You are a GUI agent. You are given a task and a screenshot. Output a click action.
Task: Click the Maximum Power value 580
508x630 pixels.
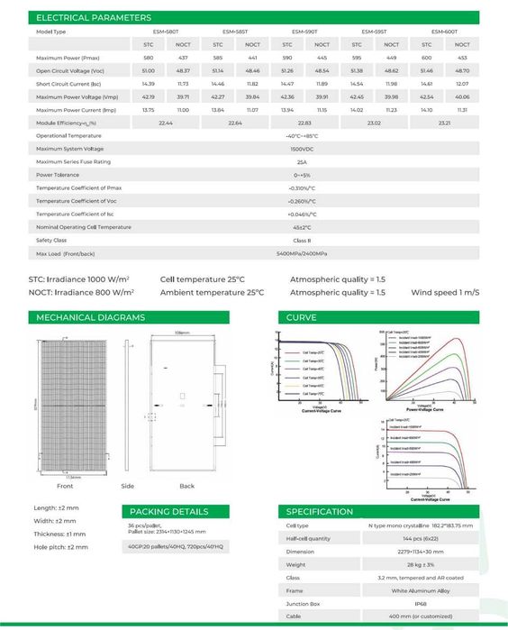point(149,57)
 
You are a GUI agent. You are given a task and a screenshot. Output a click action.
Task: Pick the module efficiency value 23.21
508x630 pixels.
point(444,122)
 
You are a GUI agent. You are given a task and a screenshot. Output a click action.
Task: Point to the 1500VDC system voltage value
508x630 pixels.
point(301,148)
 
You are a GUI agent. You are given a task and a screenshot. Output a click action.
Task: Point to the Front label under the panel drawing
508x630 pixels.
point(65,486)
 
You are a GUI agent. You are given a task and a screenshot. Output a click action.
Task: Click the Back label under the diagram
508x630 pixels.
point(186,486)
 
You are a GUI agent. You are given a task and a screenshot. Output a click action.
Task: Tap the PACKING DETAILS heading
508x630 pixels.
point(168,512)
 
